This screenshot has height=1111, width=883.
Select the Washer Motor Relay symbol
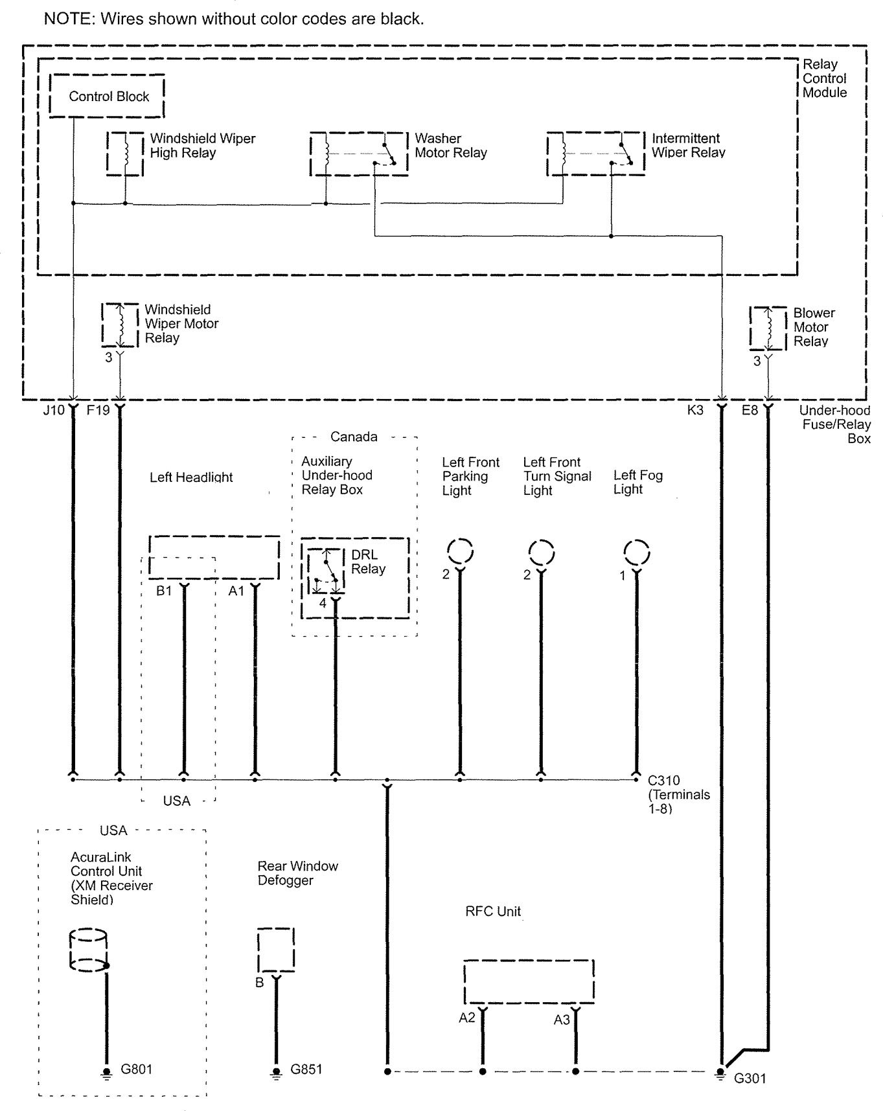(359, 154)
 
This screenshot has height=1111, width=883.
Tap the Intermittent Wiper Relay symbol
(596, 154)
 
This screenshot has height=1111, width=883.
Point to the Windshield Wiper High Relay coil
(125, 154)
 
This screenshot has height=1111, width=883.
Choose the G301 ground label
(750, 1079)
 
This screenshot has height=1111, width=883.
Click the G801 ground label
(137, 1069)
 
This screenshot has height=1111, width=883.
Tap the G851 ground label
(306, 1069)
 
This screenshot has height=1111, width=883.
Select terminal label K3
(695, 410)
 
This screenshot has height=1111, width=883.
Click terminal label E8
(750, 410)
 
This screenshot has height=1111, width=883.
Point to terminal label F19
(98, 410)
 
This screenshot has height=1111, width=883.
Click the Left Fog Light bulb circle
(636, 553)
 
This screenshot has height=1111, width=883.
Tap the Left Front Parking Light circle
(460, 552)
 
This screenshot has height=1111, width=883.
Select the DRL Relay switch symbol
(326, 570)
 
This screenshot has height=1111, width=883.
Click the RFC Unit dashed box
(529, 981)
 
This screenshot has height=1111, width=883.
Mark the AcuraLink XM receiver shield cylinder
(88, 950)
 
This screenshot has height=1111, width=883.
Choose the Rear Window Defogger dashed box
(276, 949)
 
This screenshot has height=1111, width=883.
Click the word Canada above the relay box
(354, 437)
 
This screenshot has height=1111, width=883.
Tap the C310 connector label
(664, 781)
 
